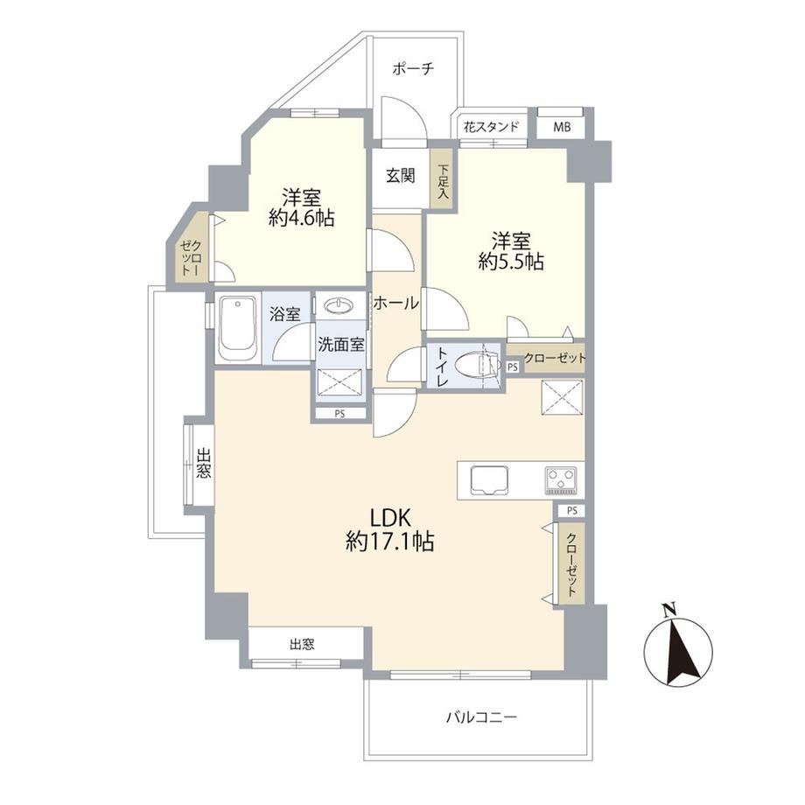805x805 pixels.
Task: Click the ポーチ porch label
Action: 413,68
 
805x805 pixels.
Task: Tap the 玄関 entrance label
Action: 401,176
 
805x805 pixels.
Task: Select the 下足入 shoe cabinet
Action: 443,179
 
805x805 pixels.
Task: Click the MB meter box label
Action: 562,127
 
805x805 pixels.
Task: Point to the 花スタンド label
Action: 491,127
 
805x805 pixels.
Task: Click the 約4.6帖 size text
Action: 301,219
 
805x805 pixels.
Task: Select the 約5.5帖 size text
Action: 511,262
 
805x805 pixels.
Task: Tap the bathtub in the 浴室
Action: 237,327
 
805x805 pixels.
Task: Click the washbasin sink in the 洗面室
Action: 339,306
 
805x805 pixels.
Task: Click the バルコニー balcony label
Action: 481,717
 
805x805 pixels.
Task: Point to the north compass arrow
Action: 679,646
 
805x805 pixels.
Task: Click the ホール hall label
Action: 395,303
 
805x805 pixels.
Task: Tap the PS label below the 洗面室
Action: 339,414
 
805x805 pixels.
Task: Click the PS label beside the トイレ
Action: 513,367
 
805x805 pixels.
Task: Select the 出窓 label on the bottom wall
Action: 302,644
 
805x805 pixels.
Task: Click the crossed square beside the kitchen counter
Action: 562,398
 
